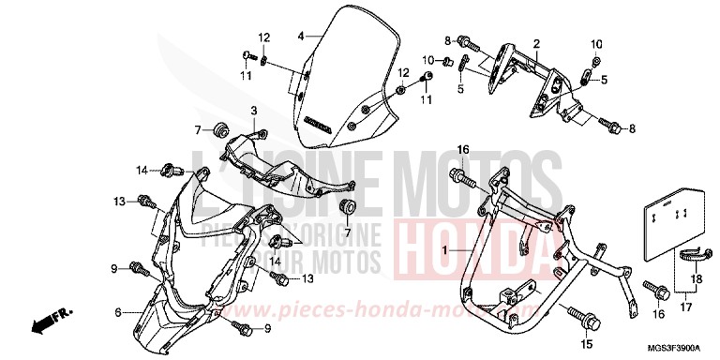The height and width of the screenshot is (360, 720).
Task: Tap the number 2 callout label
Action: point(537,44)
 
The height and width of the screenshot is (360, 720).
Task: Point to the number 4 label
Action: point(301,37)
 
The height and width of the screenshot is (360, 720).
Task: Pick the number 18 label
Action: point(696,278)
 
